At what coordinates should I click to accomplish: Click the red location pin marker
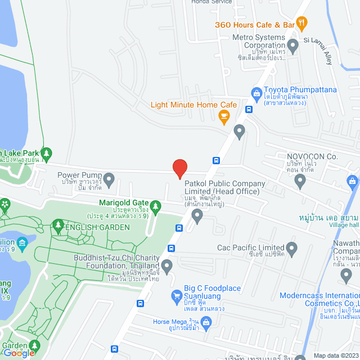coord(179,169)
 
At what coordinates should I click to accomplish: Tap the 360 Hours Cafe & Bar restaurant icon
coord(302,24)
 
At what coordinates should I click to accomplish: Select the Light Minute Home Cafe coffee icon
coord(224,116)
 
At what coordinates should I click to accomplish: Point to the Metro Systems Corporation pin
coord(292,44)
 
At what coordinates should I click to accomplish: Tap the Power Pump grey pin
coord(109,180)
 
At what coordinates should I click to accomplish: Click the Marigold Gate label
coord(123,202)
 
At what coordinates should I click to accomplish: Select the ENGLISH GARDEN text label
coord(97,227)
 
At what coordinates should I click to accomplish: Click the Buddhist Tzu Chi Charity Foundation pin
coord(166,265)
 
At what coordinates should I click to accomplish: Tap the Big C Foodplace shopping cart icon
coord(176,296)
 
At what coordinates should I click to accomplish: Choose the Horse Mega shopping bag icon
coord(206,322)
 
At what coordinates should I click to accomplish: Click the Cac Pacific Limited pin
coord(291,248)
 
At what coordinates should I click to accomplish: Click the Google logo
coord(19,353)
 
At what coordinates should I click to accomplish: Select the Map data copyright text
coord(336,355)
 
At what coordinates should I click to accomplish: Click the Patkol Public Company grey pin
coord(197,214)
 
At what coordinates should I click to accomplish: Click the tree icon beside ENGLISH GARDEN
coord(58,226)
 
